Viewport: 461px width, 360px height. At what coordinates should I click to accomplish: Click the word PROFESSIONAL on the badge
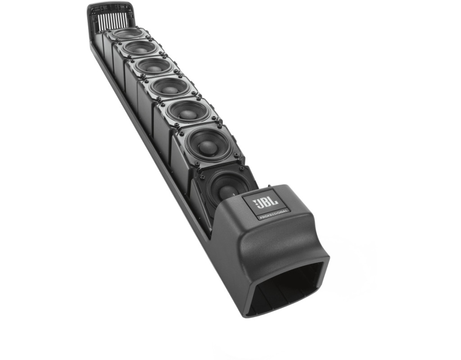[274, 214]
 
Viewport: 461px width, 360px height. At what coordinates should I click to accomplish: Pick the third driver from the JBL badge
[188, 112]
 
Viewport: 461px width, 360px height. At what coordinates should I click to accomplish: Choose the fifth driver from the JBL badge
[154, 66]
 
